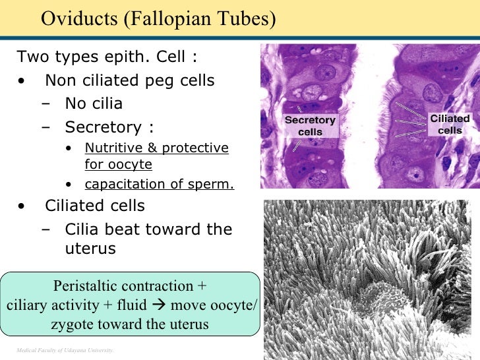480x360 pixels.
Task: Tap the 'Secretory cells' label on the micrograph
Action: tap(310, 126)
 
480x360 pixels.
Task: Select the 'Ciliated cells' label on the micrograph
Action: tap(450, 124)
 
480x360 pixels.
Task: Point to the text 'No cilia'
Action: tap(94, 104)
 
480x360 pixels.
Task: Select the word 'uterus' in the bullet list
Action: tap(90, 249)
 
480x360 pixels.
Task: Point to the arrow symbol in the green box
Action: tap(158, 305)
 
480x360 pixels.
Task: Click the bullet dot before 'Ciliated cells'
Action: tap(23, 206)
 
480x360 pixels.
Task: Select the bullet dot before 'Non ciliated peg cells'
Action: tap(23, 81)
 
